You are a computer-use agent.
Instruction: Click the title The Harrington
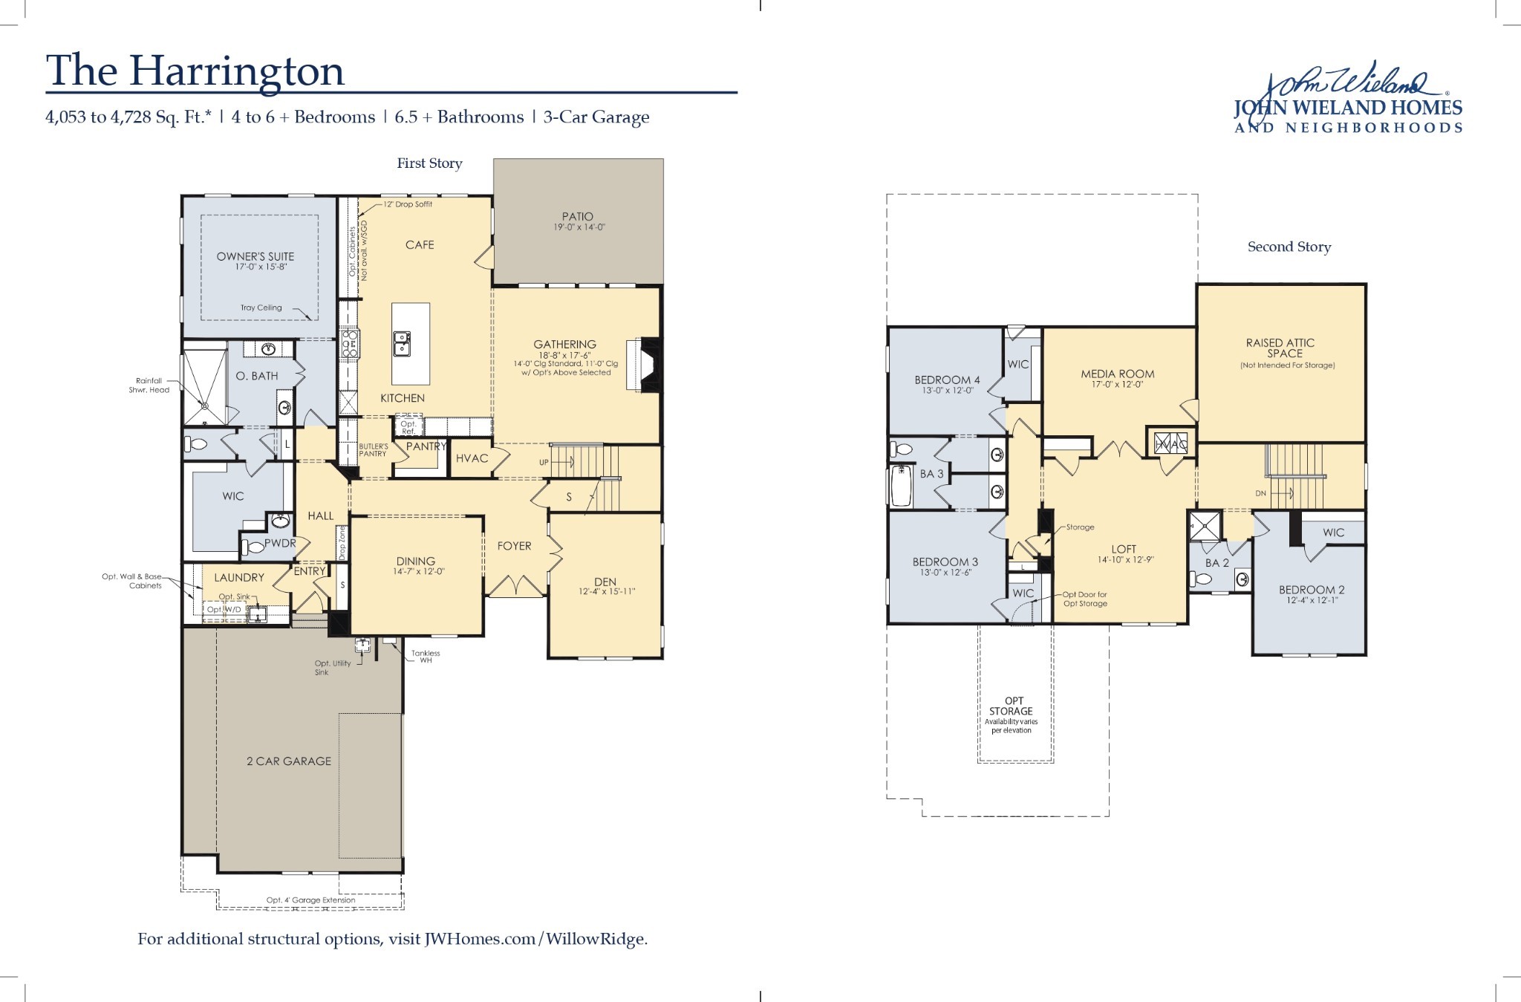(x=195, y=71)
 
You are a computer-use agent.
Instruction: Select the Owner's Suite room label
(x=255, y=256)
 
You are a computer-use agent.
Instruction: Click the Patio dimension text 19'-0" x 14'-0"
(x=579, y=228)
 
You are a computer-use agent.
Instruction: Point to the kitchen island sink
(x=402, y=344)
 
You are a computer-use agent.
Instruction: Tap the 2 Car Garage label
(x=289, y=761)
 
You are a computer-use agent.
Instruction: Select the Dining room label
(x=415, y=562)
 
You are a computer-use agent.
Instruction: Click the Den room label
(x=605, y=582)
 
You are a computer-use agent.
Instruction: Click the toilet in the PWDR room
(x=250, y=548)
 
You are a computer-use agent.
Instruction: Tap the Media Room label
(x=1117, y=374)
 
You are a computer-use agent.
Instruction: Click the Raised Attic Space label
(x=1280, y=348)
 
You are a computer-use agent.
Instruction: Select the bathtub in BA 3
(x=901, y=486)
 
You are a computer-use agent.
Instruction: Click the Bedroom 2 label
(x=1312, y=591)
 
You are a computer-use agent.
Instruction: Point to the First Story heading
(x=429, y=163)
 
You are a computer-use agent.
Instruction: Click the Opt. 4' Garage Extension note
(x=310, y=900)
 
